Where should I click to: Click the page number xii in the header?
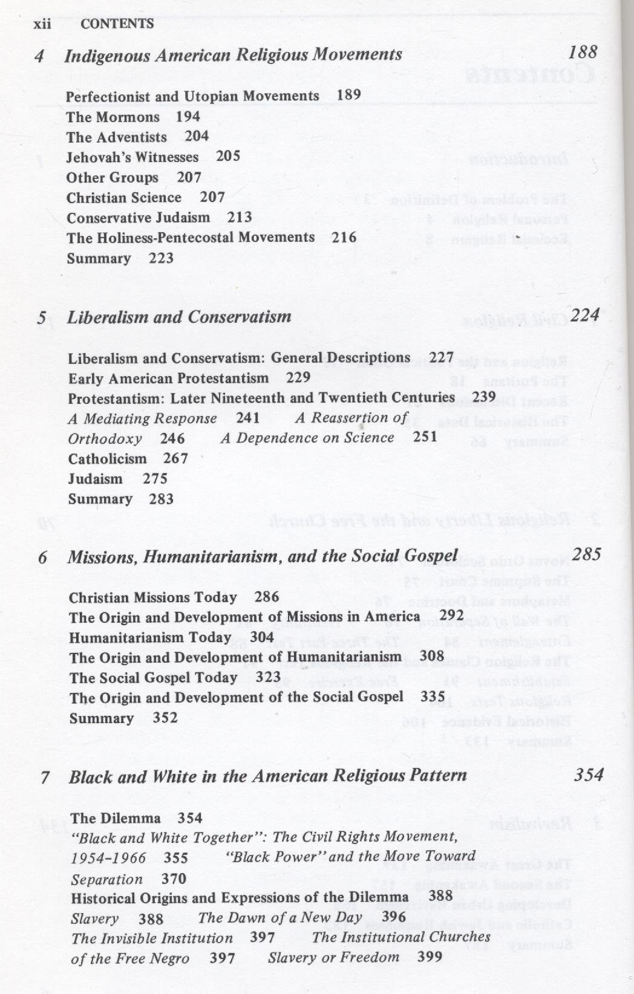pos(42,24)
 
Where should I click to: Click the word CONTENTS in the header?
pos(117,24)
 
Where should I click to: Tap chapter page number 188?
pos(583,52)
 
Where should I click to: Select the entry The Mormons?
pos(113,117)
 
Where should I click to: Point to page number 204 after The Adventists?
pos(197,136)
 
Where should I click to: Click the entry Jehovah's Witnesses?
pos(132,157)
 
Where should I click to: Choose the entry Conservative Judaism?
pos(138,218)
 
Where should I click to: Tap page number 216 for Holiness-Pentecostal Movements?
pos(344,237)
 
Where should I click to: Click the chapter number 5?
pos(42,317)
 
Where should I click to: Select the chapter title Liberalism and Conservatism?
pos(179,317)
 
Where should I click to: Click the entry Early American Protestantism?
pos(168,378)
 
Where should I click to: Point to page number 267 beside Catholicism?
pos(175,458)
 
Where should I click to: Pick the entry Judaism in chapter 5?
pos(95,479)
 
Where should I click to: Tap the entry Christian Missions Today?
pos(152,597)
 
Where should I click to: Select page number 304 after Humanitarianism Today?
pos(262,637)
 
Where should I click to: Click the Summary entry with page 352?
pos(101,718)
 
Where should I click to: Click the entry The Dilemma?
pos(115,818)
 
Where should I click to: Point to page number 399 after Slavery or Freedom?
pos(430,957)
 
